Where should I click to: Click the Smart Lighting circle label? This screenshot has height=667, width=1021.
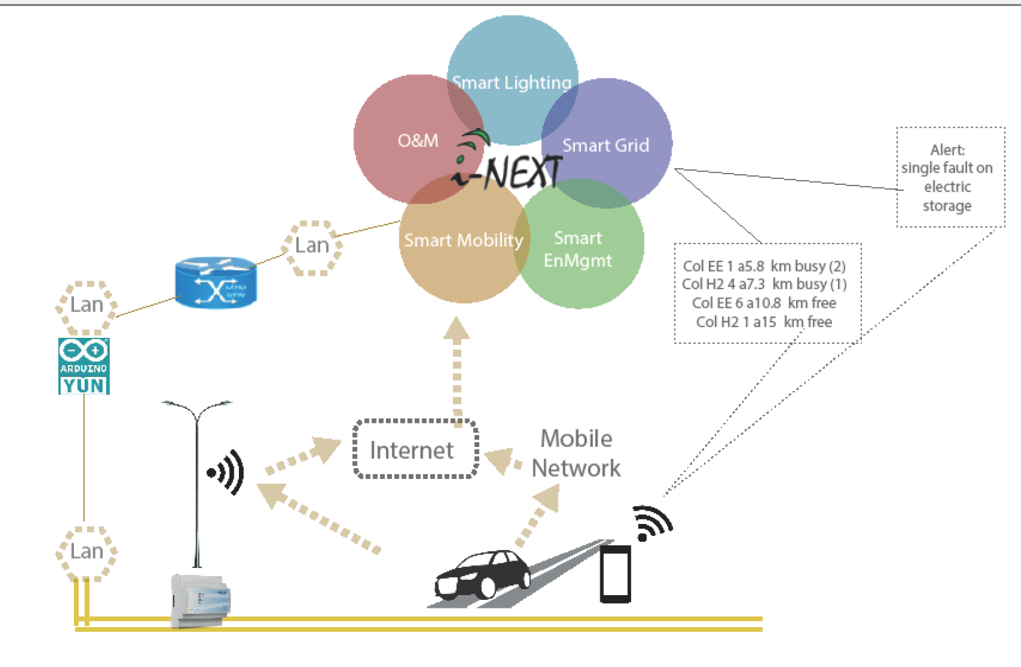[x=512, y=82]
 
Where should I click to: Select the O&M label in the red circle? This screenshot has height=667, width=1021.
[x=418, y=140]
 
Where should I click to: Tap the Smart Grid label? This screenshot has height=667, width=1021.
[x=606, y=145]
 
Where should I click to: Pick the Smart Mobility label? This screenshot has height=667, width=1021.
[x=463, y=240]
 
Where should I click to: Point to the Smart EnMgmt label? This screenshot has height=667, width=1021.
[x=578, y=249]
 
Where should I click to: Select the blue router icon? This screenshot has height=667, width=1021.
[x=215, y=283]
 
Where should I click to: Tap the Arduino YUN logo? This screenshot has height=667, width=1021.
[x=84, y=366]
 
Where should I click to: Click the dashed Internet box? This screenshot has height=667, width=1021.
[x=415, y=450]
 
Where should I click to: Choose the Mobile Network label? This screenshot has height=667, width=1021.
[x=576, y=454]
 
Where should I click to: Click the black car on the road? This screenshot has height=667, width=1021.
[x=482, y=573]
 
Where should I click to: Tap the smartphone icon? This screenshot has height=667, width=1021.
[x=615, y=573]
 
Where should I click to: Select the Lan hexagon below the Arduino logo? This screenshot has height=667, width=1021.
[x=87, y=551]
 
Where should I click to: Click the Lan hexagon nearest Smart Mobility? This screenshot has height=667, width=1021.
[x=312, y=246]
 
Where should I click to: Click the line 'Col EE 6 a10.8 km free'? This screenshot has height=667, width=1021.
[x=764, y=303]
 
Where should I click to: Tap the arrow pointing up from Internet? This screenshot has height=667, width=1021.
[x=457, y=366]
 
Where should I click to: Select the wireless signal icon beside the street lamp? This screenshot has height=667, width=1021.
[x=227, y=472]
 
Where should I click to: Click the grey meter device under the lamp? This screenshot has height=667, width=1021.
[x=200, y=600]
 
